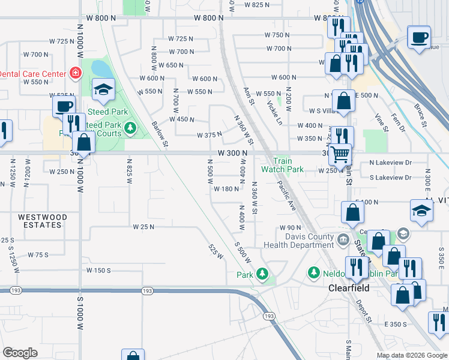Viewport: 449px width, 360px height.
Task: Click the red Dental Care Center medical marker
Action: (x=76, y=73)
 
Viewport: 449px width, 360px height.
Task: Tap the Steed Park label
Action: (x=107, y=112)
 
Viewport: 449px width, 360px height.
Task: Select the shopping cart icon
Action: (x=340, y=154)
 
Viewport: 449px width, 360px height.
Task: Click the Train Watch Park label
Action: (x=283, y=165)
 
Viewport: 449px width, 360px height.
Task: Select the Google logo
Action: (x=20, y=353)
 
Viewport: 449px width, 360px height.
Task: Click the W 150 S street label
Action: (x=98, y=271)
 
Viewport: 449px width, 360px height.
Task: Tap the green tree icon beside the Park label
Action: (x=262, y=274)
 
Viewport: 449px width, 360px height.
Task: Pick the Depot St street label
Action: (x=363, y=311)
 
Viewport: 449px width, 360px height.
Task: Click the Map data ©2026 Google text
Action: (x=411, y=355)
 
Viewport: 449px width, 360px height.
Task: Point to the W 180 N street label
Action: (x=226, y=189)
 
